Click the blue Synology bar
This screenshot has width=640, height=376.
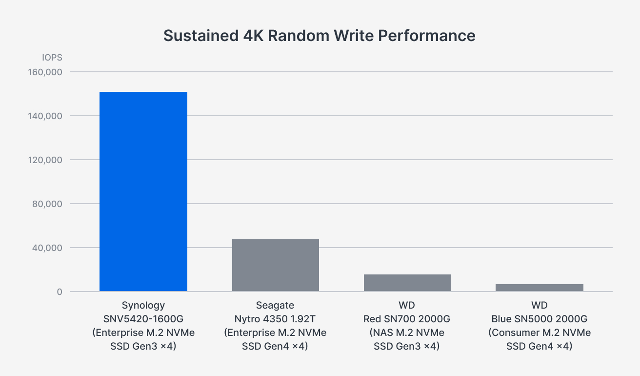tap(143, 191)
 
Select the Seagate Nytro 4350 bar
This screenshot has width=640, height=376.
tap(275, 265)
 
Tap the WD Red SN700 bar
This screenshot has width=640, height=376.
tap(407, 283)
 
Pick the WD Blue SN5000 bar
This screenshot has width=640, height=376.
tap(539, 288)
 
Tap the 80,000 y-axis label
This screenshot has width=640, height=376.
tap(47, 204)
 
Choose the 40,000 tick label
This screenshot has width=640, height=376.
tap(47, 248)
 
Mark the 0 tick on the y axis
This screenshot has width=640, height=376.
tap(59, 292)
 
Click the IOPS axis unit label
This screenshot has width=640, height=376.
tap(52, 58)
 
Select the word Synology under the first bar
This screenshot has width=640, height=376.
tap(143, 305)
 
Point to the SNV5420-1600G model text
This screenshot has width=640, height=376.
tap(143, 319)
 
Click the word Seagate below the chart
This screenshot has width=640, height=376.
tap(275, 305)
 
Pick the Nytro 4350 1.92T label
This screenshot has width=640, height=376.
tap(275, 319)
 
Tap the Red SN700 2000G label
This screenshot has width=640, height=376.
tap(407, 319)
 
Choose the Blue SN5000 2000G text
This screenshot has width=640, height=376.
tap(539, 319)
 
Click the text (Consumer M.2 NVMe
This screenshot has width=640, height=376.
tap(539, 333)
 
